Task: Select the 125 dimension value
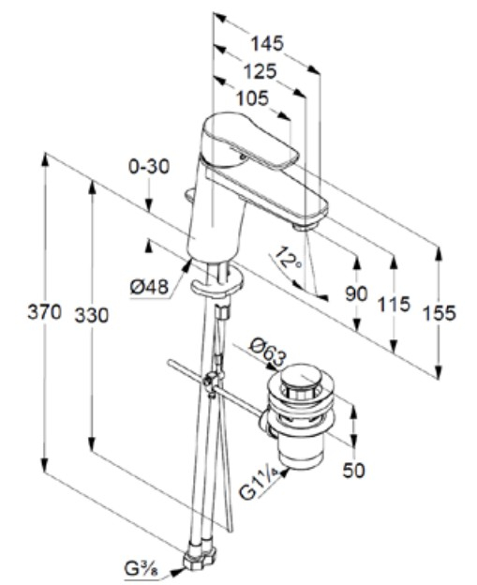pos(259,70)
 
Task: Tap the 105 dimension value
pos(251,97)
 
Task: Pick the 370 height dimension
pos(44,312)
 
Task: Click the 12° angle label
pos(291,258)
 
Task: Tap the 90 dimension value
pos(355,293)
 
